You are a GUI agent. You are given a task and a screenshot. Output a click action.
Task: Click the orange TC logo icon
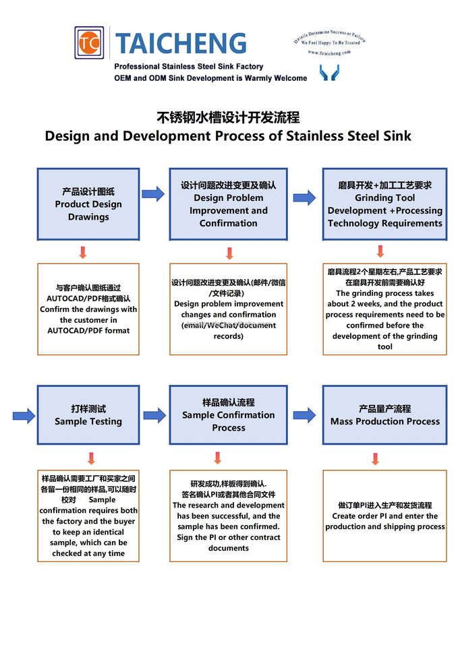89,42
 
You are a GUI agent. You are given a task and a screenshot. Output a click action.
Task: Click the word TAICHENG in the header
181,43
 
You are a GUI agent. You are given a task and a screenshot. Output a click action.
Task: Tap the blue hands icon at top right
329,72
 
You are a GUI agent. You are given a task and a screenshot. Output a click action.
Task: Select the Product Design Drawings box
88,204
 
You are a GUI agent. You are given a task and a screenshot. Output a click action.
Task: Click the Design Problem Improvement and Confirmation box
228,204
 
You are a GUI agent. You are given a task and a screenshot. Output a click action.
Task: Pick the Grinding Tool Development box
384,204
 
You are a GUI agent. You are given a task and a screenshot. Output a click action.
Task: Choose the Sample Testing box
88,415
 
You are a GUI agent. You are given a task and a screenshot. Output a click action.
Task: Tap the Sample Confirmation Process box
228,415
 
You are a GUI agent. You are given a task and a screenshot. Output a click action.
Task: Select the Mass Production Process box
384,415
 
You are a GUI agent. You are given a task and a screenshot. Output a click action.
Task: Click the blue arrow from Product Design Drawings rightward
153,194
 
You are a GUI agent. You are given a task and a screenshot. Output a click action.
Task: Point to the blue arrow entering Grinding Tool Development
304,197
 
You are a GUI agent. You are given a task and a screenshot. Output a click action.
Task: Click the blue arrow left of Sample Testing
24,415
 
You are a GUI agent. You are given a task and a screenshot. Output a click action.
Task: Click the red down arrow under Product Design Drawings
83,253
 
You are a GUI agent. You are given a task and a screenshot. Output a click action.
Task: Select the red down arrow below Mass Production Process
375,459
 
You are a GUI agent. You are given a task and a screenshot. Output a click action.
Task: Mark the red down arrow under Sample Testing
92,458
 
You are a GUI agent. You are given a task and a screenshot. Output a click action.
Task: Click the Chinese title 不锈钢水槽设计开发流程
228,117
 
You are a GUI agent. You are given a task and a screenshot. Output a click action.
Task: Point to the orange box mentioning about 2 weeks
384,309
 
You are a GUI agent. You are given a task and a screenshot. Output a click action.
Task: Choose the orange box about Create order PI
384,516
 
